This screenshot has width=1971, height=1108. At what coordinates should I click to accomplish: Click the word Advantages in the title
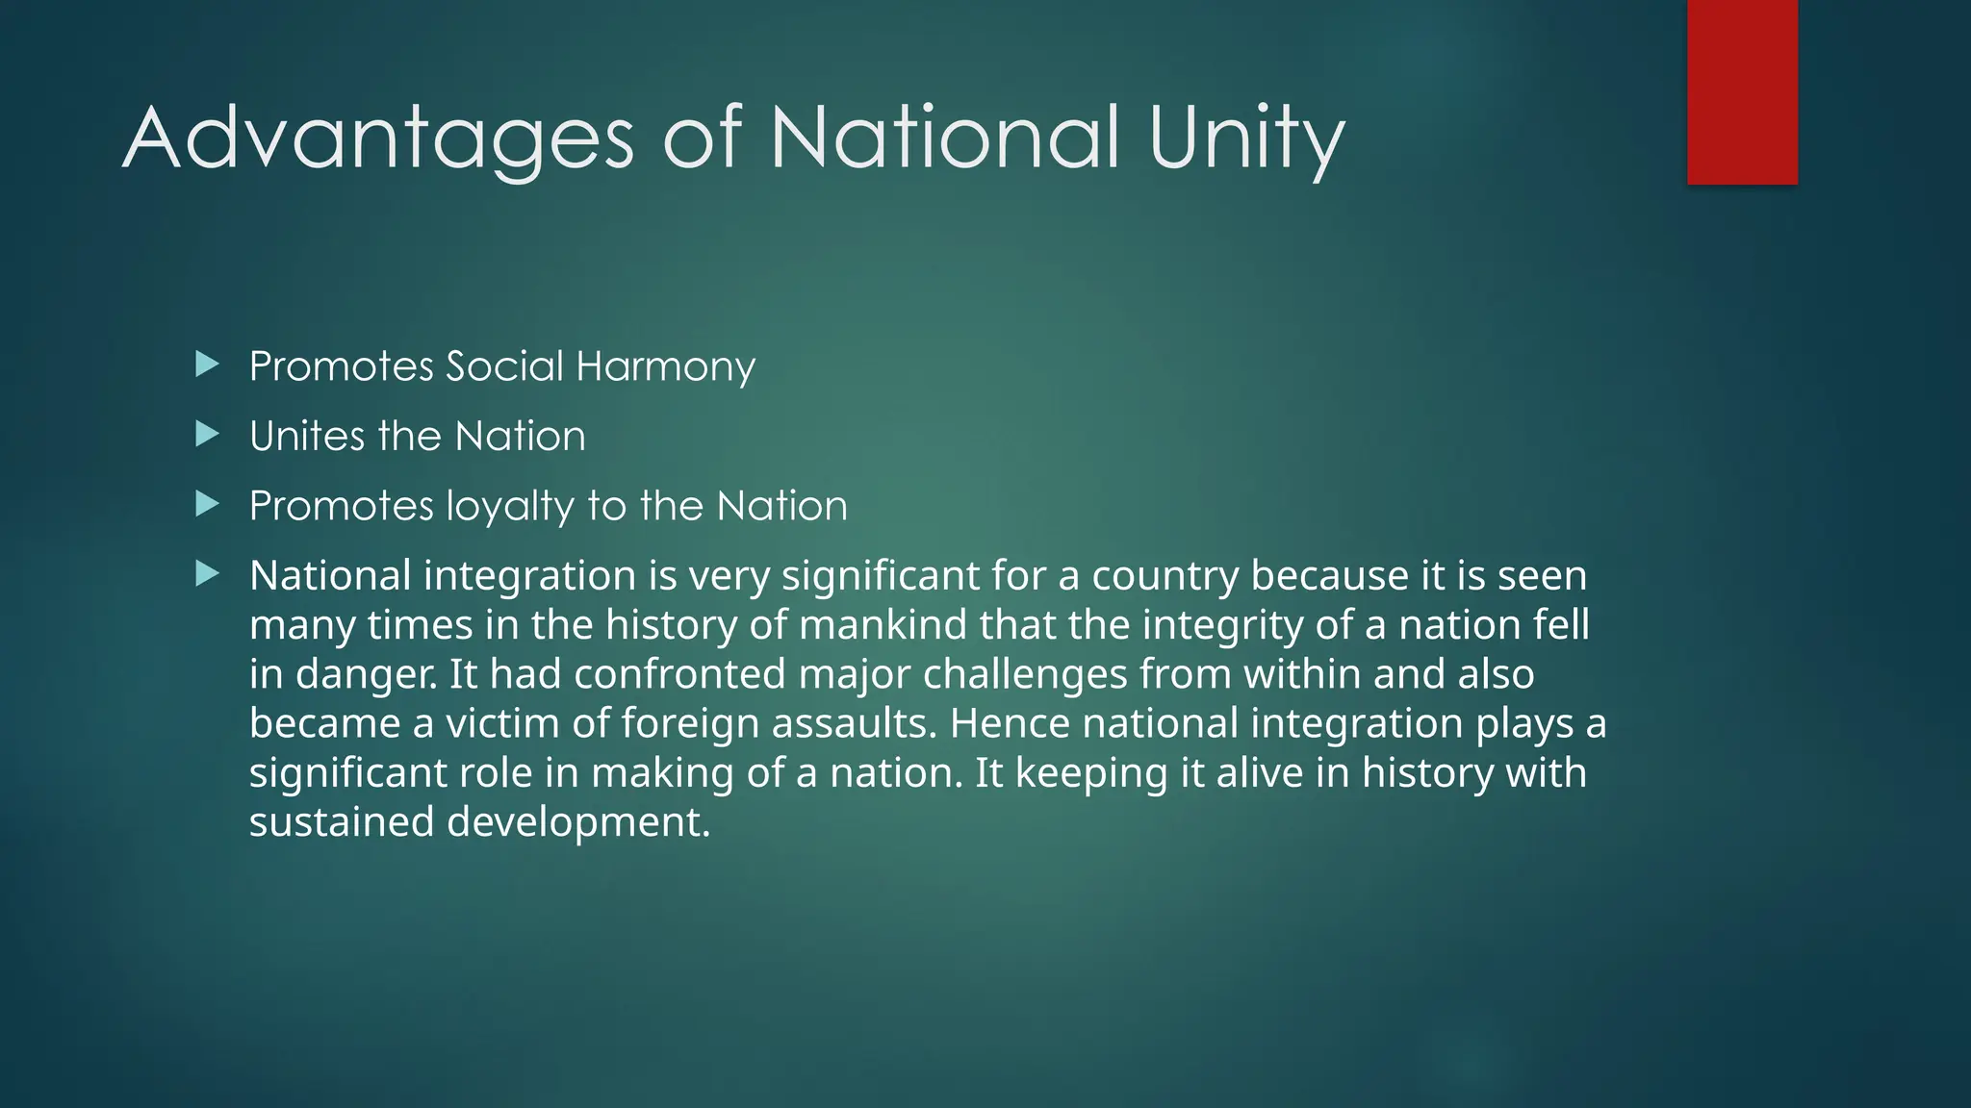pyautogui.click(x=378, y=139)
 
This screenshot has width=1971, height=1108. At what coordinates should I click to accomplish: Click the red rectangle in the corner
pyautogui.click(x=1742, y=91)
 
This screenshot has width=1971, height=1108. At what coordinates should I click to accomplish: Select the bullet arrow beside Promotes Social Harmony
pyautogui.click(x=207, y=365)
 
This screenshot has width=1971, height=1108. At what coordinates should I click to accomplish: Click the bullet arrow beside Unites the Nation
pyautogui.click(x=207, y=435)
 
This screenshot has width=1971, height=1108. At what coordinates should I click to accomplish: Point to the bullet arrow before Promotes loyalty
pyautogui.click(x=207, y=504)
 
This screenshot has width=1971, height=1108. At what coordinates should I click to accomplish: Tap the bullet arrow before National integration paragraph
pyautogui.click(x=207, y=574)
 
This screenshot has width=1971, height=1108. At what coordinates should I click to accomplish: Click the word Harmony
pyautogui.click(x=665, y=367)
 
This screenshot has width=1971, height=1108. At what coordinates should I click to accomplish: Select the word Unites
pyautogui.click(x=307, y=437)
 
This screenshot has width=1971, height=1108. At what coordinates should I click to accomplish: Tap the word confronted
pyautogui.click(x=679, y=674)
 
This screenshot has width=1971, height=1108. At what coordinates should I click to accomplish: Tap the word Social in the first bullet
pyautogui.click(x=504, y=366)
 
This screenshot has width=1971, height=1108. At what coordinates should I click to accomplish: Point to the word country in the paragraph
pyautogui.click(x=1165, y=577)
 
